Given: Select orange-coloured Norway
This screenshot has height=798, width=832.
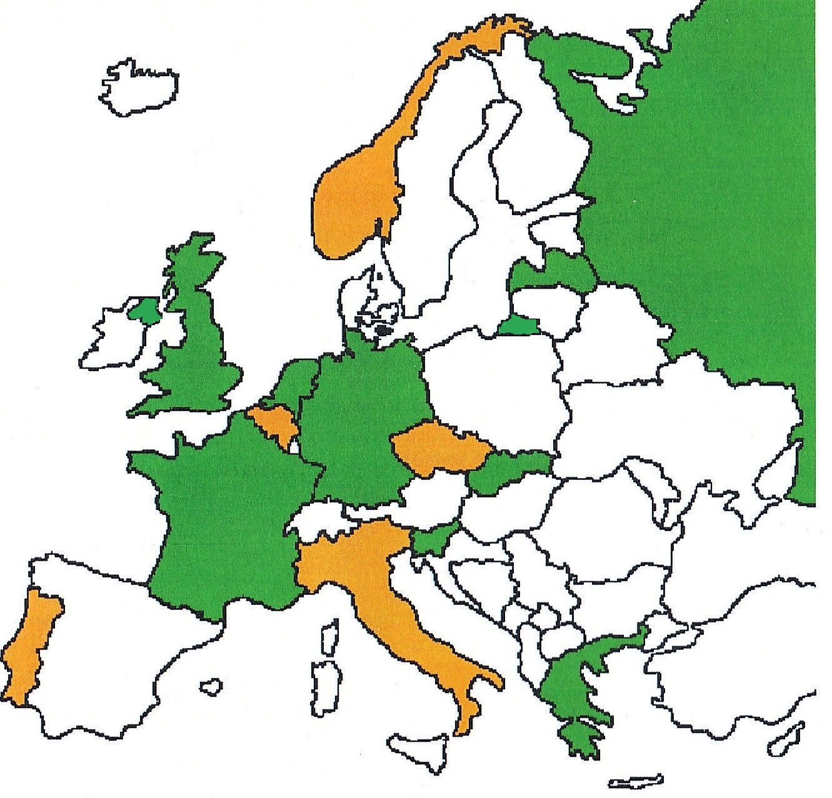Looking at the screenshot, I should pyautogui.click(x=353, y=200).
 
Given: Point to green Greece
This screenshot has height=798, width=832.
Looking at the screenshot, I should pyautogui.click(x=569, y=681).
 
